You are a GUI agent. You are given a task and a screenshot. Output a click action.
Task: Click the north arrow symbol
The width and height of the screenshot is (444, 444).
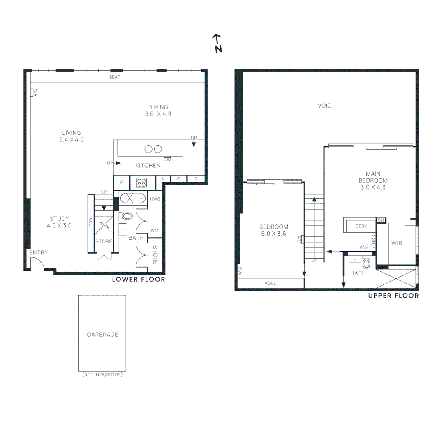(217, 43)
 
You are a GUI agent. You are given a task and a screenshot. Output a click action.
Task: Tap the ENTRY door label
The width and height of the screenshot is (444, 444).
(38, 253)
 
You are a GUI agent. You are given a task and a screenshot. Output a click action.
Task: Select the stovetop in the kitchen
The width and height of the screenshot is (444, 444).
(142, 183)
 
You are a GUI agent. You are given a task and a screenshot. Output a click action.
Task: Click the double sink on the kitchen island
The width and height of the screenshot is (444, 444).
(153, 149)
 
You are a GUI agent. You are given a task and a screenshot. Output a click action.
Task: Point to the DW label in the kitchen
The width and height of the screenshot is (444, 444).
(167, 160)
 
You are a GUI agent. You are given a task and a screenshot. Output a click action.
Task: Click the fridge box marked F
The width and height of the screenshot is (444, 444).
(121, 182)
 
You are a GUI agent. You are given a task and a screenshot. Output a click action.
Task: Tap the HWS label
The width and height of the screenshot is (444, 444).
(155, 199)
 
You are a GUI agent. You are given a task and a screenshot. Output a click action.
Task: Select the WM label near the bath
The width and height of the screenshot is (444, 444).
(155, 230)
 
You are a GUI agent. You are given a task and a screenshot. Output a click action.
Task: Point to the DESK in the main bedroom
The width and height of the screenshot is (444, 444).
(361, 226)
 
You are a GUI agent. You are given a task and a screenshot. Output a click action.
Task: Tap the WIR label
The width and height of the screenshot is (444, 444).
(397, 243)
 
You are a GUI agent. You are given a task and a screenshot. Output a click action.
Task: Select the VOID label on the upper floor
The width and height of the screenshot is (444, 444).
(324, 106)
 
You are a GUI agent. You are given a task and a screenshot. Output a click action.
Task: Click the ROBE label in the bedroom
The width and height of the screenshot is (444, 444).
(271, 283)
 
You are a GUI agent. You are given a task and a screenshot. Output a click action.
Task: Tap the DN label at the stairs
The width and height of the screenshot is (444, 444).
(314, 260)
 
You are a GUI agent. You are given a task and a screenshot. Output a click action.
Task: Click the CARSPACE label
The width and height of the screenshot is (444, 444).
(102, 335)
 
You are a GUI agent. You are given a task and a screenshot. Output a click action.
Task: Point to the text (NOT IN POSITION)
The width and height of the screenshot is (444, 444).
(102, 375)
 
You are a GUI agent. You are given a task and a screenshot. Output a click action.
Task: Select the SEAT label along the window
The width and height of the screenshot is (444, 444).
(115, 77)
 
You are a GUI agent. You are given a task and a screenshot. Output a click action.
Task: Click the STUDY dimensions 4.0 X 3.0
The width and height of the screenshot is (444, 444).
(59, 225)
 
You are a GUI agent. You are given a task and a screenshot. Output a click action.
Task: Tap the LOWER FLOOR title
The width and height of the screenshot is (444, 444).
(139, 280)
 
